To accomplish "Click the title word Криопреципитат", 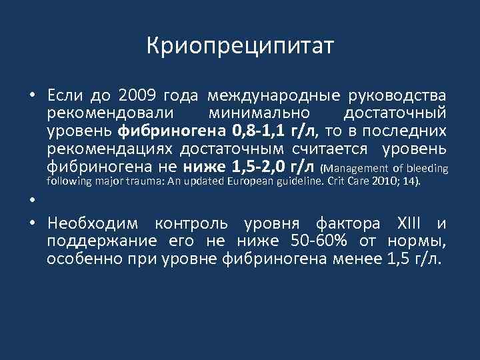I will [240, 47].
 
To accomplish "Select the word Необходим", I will [97, 223].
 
